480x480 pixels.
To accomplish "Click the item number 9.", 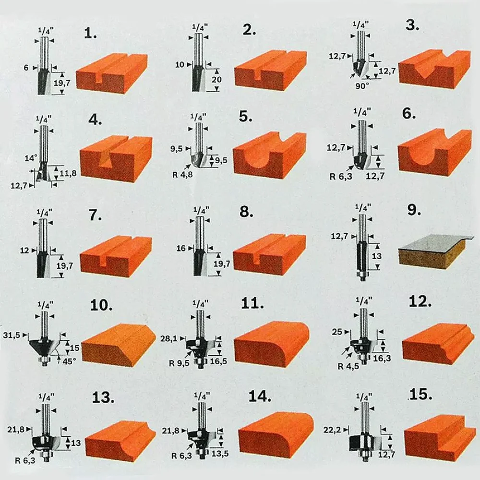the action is (414, 210).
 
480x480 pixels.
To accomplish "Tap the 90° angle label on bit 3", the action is (362, 86).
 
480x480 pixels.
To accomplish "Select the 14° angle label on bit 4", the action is (31, 158).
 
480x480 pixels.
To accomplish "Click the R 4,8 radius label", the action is (182, 175).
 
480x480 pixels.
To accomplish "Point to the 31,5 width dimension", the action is (12, 335).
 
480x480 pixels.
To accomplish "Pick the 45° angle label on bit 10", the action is (69, 361).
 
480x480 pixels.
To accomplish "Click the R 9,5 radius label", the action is (179, 363).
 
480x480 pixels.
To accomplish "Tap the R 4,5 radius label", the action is (348, 366).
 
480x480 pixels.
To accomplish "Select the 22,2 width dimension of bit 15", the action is (332, 430).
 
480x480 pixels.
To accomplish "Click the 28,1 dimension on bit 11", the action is (169, 338).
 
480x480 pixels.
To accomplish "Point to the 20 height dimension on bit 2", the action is (216, 80).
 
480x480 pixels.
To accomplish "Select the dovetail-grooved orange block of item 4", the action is (116, 159).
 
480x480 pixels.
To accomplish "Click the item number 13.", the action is (103, 397).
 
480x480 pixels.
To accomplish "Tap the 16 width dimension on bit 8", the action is (181, 248).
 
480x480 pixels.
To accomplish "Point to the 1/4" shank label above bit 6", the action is (361, 112).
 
